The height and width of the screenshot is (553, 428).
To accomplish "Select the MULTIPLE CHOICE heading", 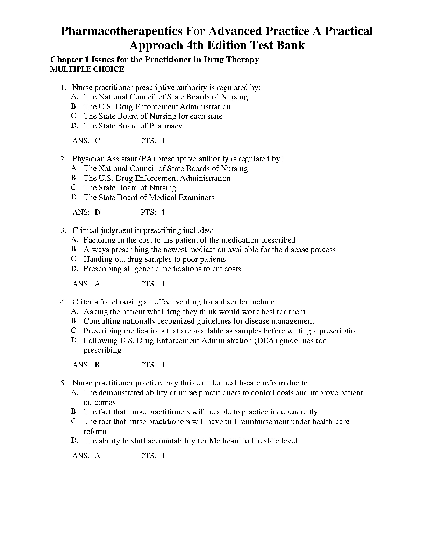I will click(x=87, y=69).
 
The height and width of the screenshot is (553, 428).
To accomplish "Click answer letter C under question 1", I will click(x=97, y=141).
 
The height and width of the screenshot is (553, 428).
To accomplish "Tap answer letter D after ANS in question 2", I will click(x=98, y=212).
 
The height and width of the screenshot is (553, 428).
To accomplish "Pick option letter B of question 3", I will click(x=74, y=249).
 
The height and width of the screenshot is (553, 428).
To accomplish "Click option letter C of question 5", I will click(x=74, y=421).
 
